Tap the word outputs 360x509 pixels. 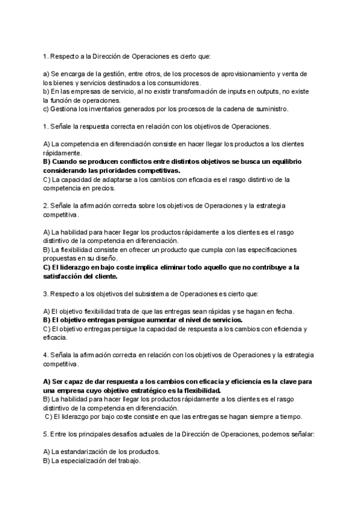point(253,91)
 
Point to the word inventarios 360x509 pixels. point(103,109)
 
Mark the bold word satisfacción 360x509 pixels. point(65,276)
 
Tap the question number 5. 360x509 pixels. point(46,435)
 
